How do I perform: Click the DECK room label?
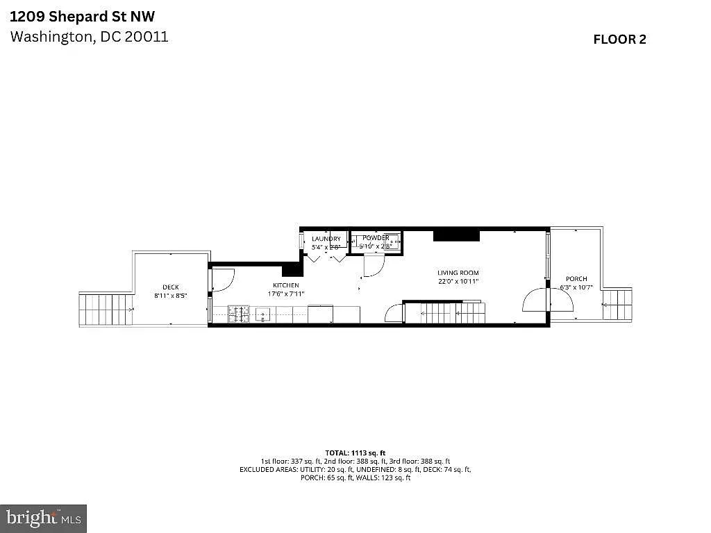[x=170, y=287]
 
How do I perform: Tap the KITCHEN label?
[x=285, y=285]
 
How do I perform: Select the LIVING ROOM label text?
[x=458, y=273]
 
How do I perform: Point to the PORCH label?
[x=576, y=279]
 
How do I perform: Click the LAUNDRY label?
[x=326, y=239]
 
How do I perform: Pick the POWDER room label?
[x=376, y=238]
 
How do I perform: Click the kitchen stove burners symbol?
[x=239, y=314]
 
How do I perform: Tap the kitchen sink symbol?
[x=264, y=315]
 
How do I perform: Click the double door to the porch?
[x=536, y=301]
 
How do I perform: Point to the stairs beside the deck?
[x=106, y=310]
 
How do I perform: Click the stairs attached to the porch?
[x=617, y=304]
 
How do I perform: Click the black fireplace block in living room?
[x=456, y=235]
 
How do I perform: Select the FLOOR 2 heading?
[x=619, y=40]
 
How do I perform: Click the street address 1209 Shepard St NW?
[x=82, y=16]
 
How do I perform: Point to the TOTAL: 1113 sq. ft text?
[x=355, y=452]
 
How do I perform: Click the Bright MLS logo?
[x=43, y=518]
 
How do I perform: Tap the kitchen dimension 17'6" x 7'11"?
[x=285, y=294]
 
